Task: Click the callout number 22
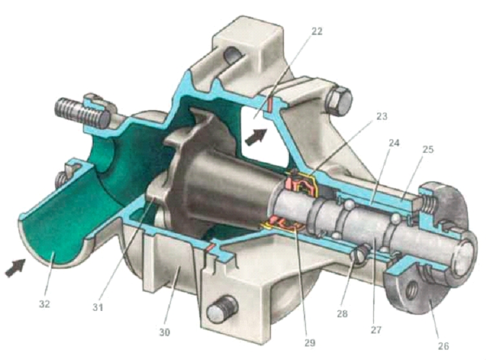tap(316, 31)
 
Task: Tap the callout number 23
tap(382, 117)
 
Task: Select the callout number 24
tap(393, 143)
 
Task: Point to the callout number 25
tap(428, 150)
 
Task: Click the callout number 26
tap(443, 346)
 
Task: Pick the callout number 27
tap(376, 330)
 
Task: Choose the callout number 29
tap(309, 343)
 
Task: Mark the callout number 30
tap(165, 332)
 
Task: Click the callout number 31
tap(98, 308)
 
